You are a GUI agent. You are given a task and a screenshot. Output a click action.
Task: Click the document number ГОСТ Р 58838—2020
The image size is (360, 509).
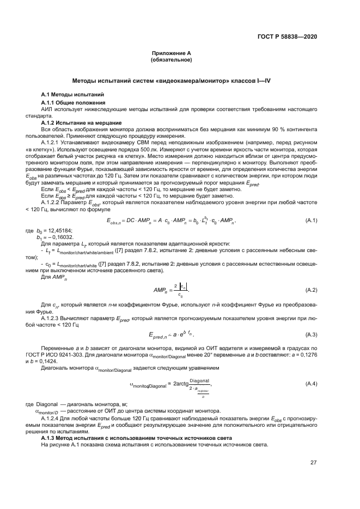pos(286,36)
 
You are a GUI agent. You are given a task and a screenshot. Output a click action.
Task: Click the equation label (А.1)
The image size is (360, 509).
pos(311,220)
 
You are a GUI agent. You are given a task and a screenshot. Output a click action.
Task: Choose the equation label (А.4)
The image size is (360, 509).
pos(311,384)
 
